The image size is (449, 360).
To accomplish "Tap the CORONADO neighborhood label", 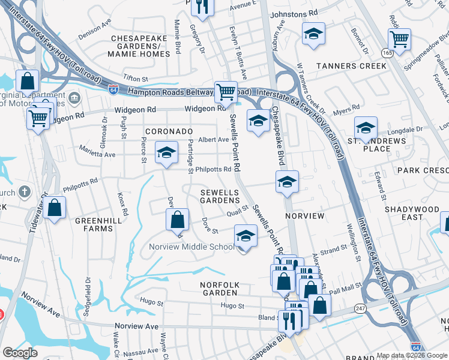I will [x=168, y=131].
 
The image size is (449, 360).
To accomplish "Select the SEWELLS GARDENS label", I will [x=220, y=196].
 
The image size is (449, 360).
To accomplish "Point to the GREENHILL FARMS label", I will [x=94, y=224].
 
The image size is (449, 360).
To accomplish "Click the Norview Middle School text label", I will [x=192, y=247].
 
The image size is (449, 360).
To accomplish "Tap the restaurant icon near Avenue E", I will [x=202, y=7].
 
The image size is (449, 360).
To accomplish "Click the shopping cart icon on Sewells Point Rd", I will [x=226, y=92].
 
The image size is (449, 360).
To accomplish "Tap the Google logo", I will [x=20, y=353].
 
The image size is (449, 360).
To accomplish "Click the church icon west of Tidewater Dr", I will [x=23, y=192].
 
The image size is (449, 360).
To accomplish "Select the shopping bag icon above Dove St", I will [x=178, y=220].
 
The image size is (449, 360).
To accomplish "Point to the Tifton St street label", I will [x=135, y=79].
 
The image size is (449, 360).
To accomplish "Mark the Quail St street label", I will [x=237, y=212].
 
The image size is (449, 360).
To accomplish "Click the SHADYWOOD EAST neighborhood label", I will [x=412, y=213].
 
